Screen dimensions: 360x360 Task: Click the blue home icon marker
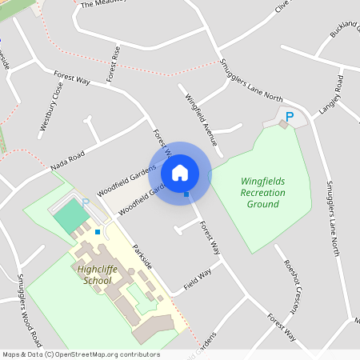[x=180, y=172]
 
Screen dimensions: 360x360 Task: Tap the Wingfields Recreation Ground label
[x=262, y=192]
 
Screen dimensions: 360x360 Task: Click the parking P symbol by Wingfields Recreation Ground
[x=290, y=117]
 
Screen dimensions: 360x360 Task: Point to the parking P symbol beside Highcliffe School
[x=86, y=203]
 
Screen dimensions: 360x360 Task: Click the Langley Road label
[x=340, y=94]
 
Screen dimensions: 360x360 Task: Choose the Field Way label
[x=197, y=279]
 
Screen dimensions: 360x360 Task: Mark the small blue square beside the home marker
[x=186, y=194]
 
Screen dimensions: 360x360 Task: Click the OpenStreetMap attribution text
[x=81, y=354]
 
